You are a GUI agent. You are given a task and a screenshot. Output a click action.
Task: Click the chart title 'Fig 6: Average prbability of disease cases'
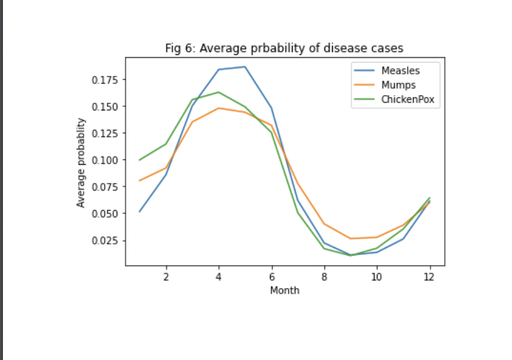pos(285,48)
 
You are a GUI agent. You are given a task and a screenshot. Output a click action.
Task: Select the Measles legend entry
pos(400,71)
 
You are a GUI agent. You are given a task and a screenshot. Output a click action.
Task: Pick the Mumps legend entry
pos(398,85)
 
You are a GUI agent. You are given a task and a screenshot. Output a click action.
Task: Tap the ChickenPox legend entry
pos(407,99)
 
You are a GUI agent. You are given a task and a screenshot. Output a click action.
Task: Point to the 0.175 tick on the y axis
pos(104,80)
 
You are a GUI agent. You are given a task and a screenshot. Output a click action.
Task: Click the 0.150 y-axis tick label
pos(104,106)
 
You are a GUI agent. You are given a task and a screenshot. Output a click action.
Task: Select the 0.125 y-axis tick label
pos(104,133)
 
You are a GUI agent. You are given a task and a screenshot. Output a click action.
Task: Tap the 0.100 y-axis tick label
pos(104,160)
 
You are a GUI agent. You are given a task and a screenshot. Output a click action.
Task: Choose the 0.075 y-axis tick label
pos(104,186)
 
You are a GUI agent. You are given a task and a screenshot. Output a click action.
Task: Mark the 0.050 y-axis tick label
pos(104,214)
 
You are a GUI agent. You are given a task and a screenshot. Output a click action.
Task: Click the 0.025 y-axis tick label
pos(104,240)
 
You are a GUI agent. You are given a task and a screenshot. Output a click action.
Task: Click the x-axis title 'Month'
pos(285,290)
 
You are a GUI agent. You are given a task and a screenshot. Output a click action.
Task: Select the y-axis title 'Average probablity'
pos(81,162)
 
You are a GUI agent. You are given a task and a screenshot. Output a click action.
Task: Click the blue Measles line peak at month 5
pos(245,67)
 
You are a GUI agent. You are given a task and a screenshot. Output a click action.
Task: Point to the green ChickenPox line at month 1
pos(140,160)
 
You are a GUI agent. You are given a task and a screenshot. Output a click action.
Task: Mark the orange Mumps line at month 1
pos(140,181)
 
